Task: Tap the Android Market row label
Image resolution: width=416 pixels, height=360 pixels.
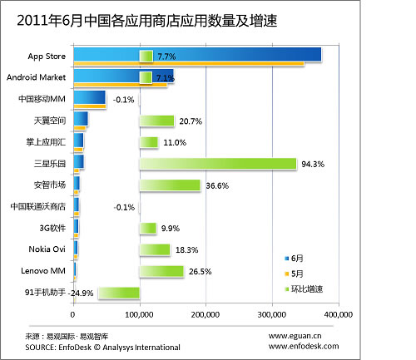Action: (38, 78)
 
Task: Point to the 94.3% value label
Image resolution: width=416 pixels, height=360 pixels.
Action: (313, 164)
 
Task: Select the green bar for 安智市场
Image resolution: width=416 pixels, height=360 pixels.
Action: (170, 185)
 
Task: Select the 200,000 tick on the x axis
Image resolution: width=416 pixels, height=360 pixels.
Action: (205, 315)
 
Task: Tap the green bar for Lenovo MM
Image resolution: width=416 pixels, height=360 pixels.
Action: (161, 271)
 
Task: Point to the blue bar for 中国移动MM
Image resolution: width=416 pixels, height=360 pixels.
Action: (90, 97)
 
